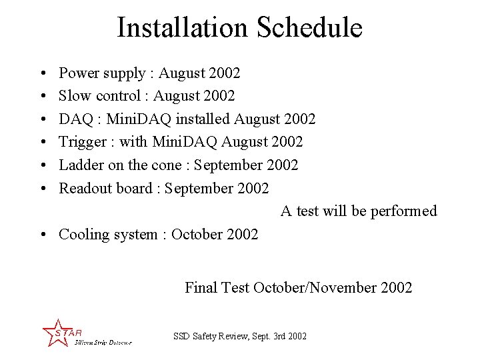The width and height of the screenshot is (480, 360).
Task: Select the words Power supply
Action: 101,73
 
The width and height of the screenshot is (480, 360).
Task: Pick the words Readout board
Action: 105,188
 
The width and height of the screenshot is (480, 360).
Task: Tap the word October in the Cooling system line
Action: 198,235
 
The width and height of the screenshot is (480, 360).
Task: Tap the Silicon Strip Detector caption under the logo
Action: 103,342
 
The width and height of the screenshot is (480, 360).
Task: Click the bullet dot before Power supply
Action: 42,73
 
